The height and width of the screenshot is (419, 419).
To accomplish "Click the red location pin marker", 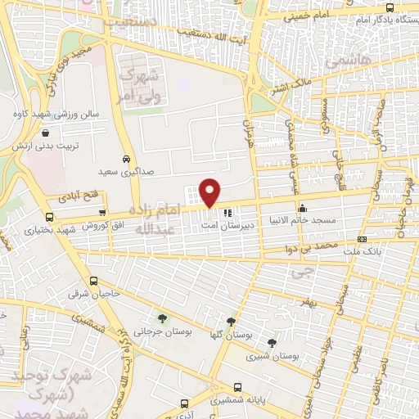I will click(x=210, y=192).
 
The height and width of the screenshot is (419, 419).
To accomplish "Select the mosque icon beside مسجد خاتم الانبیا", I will click(x=303, y=208).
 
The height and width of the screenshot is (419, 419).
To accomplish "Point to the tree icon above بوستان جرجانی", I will click(x=161, y=318).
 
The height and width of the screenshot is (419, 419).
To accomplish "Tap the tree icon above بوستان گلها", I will click(x=232, y=322).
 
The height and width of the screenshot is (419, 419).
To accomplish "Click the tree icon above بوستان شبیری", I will click(x=272, y=342).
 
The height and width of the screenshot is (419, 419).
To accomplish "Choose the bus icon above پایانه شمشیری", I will click(x=237, y=387).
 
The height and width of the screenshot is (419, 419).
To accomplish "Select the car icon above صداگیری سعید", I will click(x=125, y=159).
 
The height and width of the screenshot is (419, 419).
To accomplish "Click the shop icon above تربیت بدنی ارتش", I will click(x=43, y=132).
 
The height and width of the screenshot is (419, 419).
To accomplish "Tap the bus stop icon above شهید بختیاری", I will click(x=50, y=218).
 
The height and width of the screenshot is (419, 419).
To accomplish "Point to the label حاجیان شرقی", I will click(x=99, y=293).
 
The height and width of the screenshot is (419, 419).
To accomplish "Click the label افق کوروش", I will click(x=103, y=225).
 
